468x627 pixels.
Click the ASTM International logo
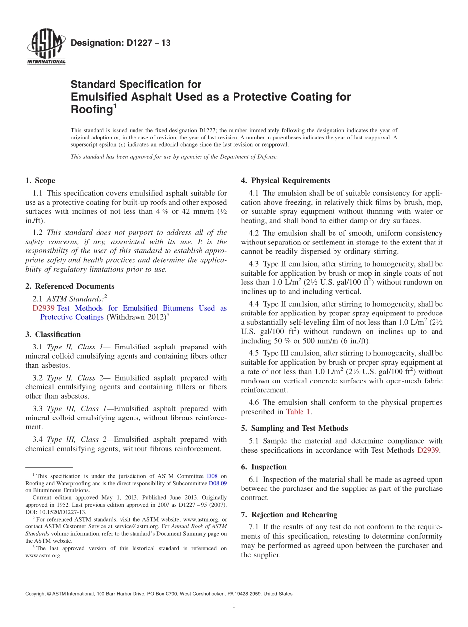coord(46,47)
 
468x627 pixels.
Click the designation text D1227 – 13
coord(121,43)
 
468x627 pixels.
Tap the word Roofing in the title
coord(92,110)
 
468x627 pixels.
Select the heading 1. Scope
coord(40,181)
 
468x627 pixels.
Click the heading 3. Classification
coord(53,334)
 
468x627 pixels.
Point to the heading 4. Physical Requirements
coord(285,181)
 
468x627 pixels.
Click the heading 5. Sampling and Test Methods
coord(294,428)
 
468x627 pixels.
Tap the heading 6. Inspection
coord(264,467)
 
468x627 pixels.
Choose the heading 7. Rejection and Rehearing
coord(289,515)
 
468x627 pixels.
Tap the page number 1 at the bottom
coord(234,605)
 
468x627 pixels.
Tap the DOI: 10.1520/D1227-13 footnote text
coord(56,512)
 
